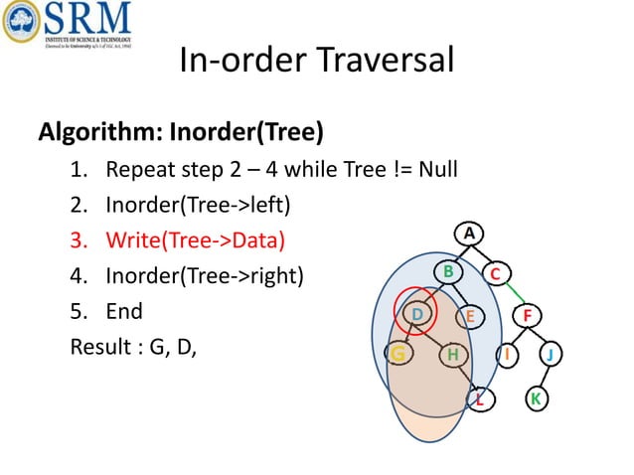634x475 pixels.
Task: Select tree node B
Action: click(448, 271)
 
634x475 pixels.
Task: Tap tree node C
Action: click(497, 273)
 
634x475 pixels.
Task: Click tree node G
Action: click(398, 354)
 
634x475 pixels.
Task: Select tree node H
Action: click(453, 354)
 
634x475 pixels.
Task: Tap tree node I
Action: click(508, 354)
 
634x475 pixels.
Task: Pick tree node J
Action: click(551, 354)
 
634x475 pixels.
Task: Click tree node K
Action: click(535, 399)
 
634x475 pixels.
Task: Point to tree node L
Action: click(480, 399)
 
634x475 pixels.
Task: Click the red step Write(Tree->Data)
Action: click(195, 239)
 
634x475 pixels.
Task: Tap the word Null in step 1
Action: click(437, 168)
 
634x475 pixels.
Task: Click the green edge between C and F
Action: click(514, 294)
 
